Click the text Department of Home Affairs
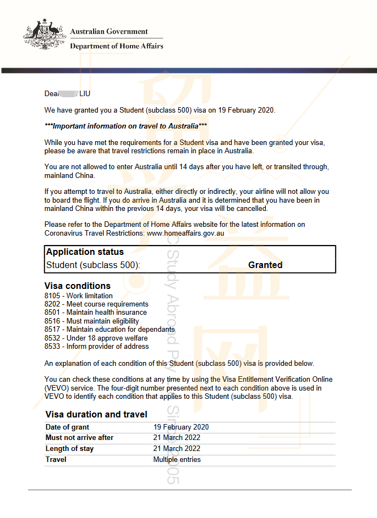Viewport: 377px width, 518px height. coord(117,46)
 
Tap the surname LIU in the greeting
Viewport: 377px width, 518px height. coord(85,94)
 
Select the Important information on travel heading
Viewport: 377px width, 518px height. coord(125,126)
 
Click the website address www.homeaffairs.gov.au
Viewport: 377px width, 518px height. coord(185,233)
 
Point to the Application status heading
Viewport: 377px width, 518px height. coord(85,252)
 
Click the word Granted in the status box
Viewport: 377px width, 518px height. coord(265,265)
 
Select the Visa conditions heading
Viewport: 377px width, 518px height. coord(77,286)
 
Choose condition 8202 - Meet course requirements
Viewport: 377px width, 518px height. coord(96,304)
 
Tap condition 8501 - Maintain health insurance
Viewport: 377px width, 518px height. coord(96,312)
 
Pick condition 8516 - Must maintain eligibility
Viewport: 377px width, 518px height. coord(91,321)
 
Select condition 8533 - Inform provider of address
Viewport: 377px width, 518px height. coord(96,346)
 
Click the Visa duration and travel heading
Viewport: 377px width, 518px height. coord(96,414)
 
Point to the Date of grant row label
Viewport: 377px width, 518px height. coord(67,427)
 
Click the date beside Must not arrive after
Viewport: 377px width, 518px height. coord(177,438)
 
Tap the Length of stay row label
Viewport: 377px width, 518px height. coord(69,449)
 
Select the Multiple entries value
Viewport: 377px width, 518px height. coord(177,459)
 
